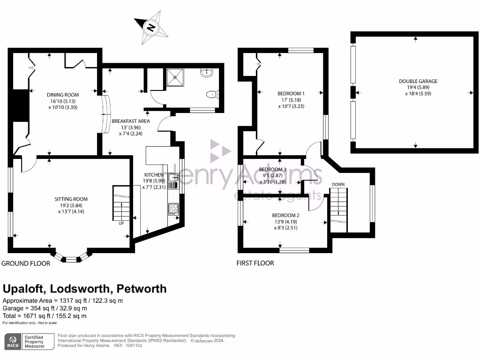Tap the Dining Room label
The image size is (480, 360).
pos(62,94)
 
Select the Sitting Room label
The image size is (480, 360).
pos(71,199)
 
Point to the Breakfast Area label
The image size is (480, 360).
pos(124,120)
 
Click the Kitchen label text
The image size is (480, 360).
pos(154,174)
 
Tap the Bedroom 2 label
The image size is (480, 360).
pos(285,216)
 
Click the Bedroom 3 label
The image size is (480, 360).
pos(272,169)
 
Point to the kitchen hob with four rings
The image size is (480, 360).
pos(173,209)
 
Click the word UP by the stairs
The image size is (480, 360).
pos(121,223)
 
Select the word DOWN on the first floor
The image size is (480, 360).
pos(338,184)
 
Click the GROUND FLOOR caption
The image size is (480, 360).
pos(26,263)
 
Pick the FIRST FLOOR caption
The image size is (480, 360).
pos(255,263)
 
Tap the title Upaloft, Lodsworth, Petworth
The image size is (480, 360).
pos(85,288)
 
